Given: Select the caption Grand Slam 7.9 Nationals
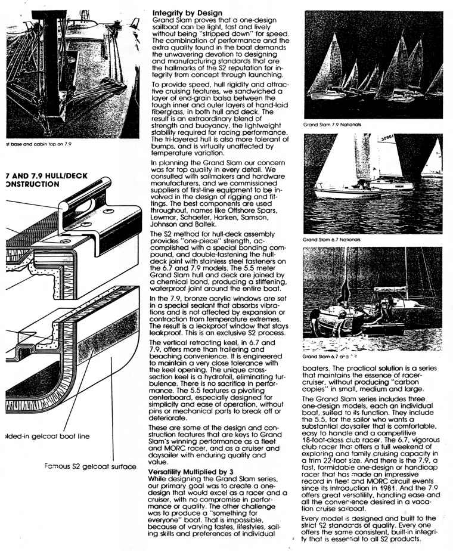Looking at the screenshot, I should pos(329,125).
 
